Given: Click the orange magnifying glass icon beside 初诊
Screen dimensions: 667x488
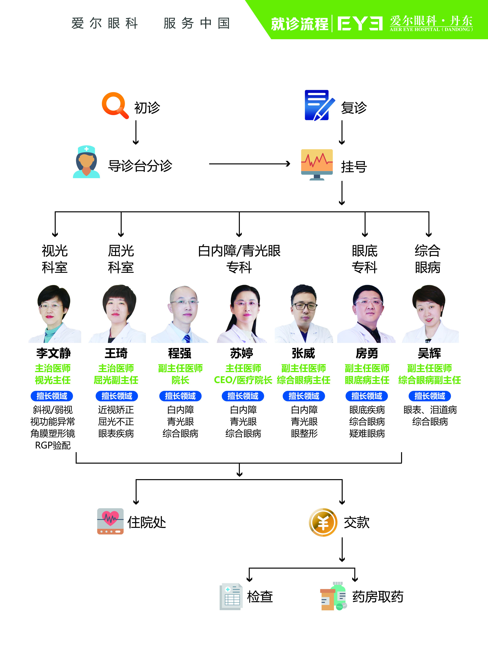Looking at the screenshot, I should tap(115, 105).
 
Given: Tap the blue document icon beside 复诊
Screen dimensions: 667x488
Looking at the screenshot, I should tap(319, 105).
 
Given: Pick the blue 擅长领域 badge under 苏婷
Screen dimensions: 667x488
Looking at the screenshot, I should tap(243, 396).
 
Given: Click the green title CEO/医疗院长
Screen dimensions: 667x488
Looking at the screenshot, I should tap(243, 380).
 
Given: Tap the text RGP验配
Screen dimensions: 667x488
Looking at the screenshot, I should tap(53, 445).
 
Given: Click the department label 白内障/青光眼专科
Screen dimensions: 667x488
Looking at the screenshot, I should tap(239, 259).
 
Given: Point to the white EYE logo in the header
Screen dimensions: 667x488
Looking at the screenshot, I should tap(360, 24).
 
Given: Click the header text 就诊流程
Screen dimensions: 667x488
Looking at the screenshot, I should tap(299, 24).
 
